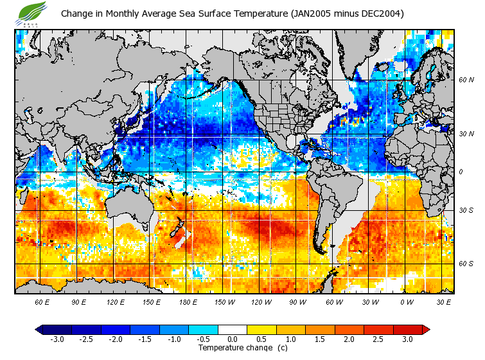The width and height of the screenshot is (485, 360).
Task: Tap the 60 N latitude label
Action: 466,80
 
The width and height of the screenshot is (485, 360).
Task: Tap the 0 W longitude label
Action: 406,301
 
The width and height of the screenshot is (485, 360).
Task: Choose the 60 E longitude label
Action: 42,301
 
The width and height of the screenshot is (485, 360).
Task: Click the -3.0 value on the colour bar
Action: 57,339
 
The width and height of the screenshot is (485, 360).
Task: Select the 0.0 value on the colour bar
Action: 233,339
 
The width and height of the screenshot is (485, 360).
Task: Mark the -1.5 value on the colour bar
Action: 145,339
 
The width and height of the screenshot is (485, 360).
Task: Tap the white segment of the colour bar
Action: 233,330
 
